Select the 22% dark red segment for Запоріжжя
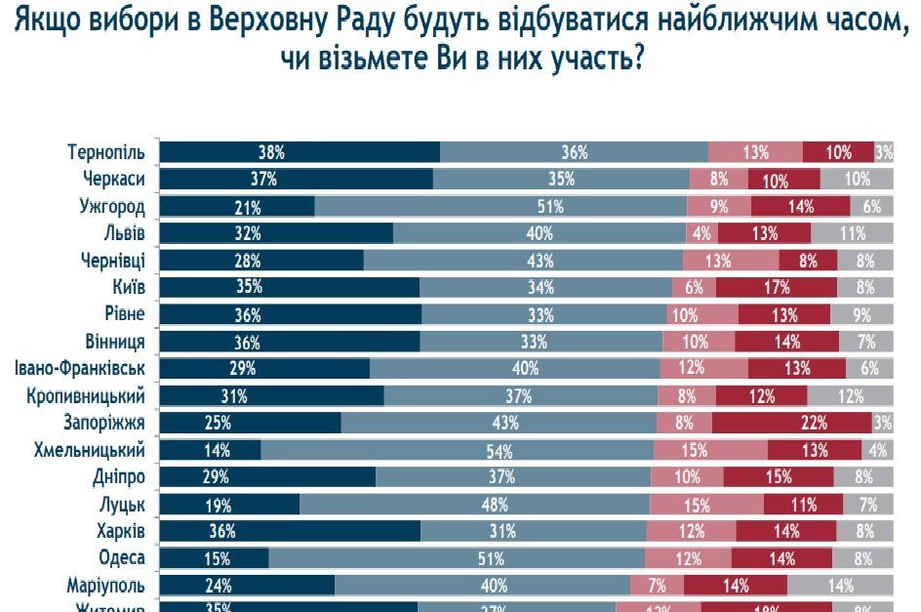[791, 423]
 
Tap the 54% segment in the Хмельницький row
[458, 450]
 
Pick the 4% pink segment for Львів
[702, 233]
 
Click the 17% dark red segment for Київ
[776, 288]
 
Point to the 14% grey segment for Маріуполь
[839, 586]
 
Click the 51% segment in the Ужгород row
[501, 207]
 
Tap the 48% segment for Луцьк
[474, 505]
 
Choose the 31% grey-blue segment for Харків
[534, 531]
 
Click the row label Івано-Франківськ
[80, 369]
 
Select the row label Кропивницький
[86, 396]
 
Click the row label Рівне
[124, 314]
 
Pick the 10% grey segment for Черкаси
[856, 180]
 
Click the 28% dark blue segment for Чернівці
[261, 261]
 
